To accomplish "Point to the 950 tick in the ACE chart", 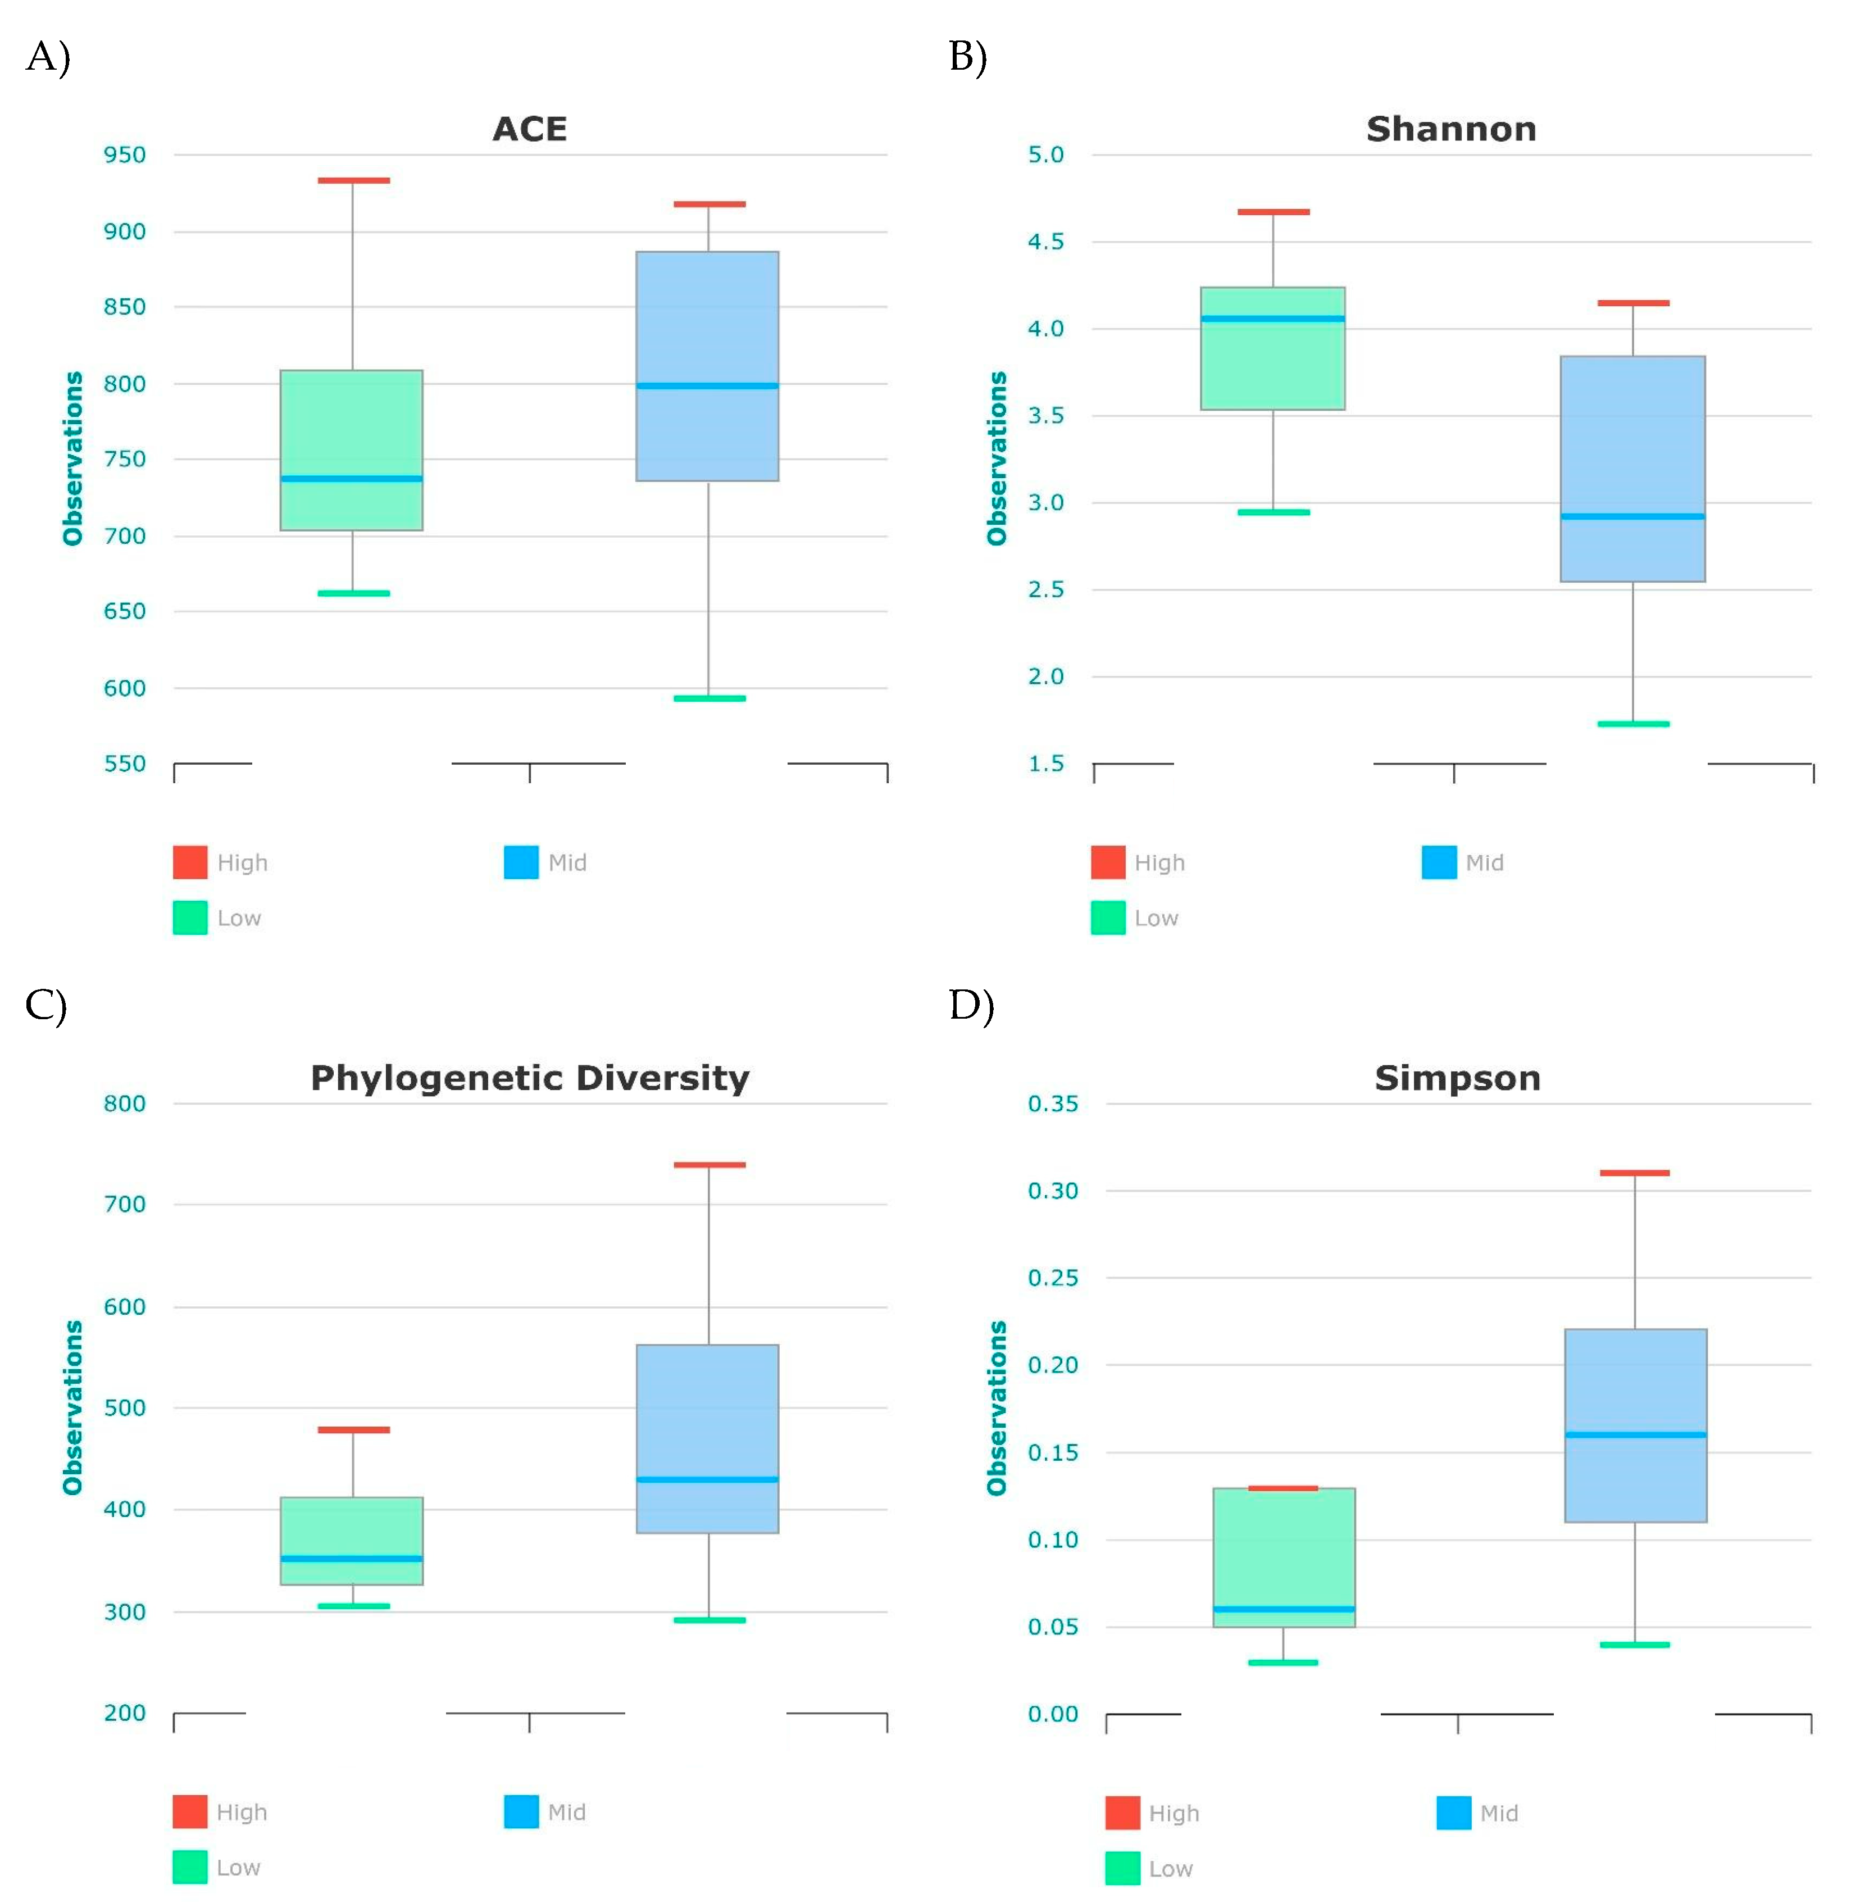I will click(125, 155).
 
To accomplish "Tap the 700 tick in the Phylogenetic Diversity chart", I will click(125, 1204).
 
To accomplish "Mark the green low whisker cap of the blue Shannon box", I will click(1632, 724).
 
